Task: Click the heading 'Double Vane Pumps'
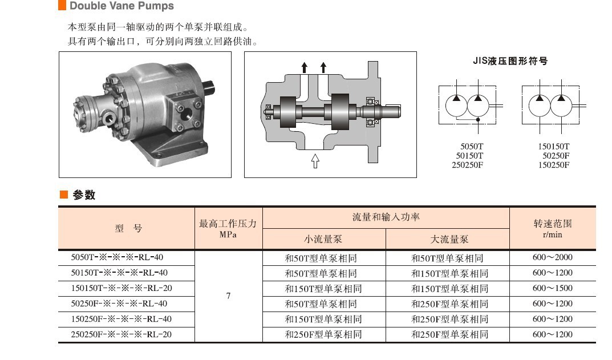point(122,6)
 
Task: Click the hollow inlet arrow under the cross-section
point(315,160)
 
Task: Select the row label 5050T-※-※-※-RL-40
point(117,257)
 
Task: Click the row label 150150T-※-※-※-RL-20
point(121,288)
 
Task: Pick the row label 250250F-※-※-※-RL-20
point(121,334)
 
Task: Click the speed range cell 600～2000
point(552,257)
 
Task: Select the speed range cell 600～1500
point(552,288)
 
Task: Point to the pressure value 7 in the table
point(228,296)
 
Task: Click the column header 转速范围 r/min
point(553,228)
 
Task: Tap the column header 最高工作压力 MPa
point(228,228)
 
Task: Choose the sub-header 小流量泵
point(323,239)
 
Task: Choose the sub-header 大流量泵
point(449,239)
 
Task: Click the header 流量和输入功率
point(386,217)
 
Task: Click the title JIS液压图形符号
point(510,61)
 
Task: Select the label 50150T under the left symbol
point(469,155)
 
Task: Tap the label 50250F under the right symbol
point(556,155)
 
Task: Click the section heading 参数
point(84,195)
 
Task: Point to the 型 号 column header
point(128,228)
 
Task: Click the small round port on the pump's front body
point(108,116)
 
